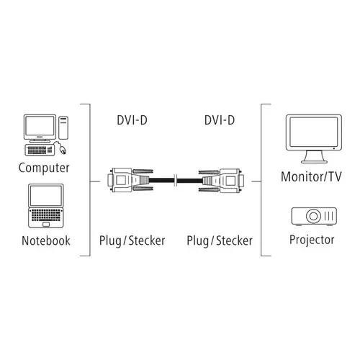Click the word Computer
(x=44, y=168)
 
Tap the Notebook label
(x=46, y=240)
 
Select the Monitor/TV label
(x=311, y=176)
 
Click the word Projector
(x=312, y=240)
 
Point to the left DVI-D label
(x=132, y=120)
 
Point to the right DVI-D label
(x=220, y=120)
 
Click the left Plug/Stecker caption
(x=132, y=240)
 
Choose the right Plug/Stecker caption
(x=220, y=240)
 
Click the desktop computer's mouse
(x=63, y=150)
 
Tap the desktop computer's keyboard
(x=40, y=150)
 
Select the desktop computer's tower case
(x=63, y=127)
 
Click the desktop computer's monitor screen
(x=40, y=125)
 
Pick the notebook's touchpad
(x=46, y=225)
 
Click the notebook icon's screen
(x=46, y=196)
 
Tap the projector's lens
(x=313, y=216)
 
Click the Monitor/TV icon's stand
(x=314, y=157)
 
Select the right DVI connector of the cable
(x=221, y=180)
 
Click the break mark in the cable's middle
(x=176, y=180)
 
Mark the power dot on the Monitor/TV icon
(x=334, y=148)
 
